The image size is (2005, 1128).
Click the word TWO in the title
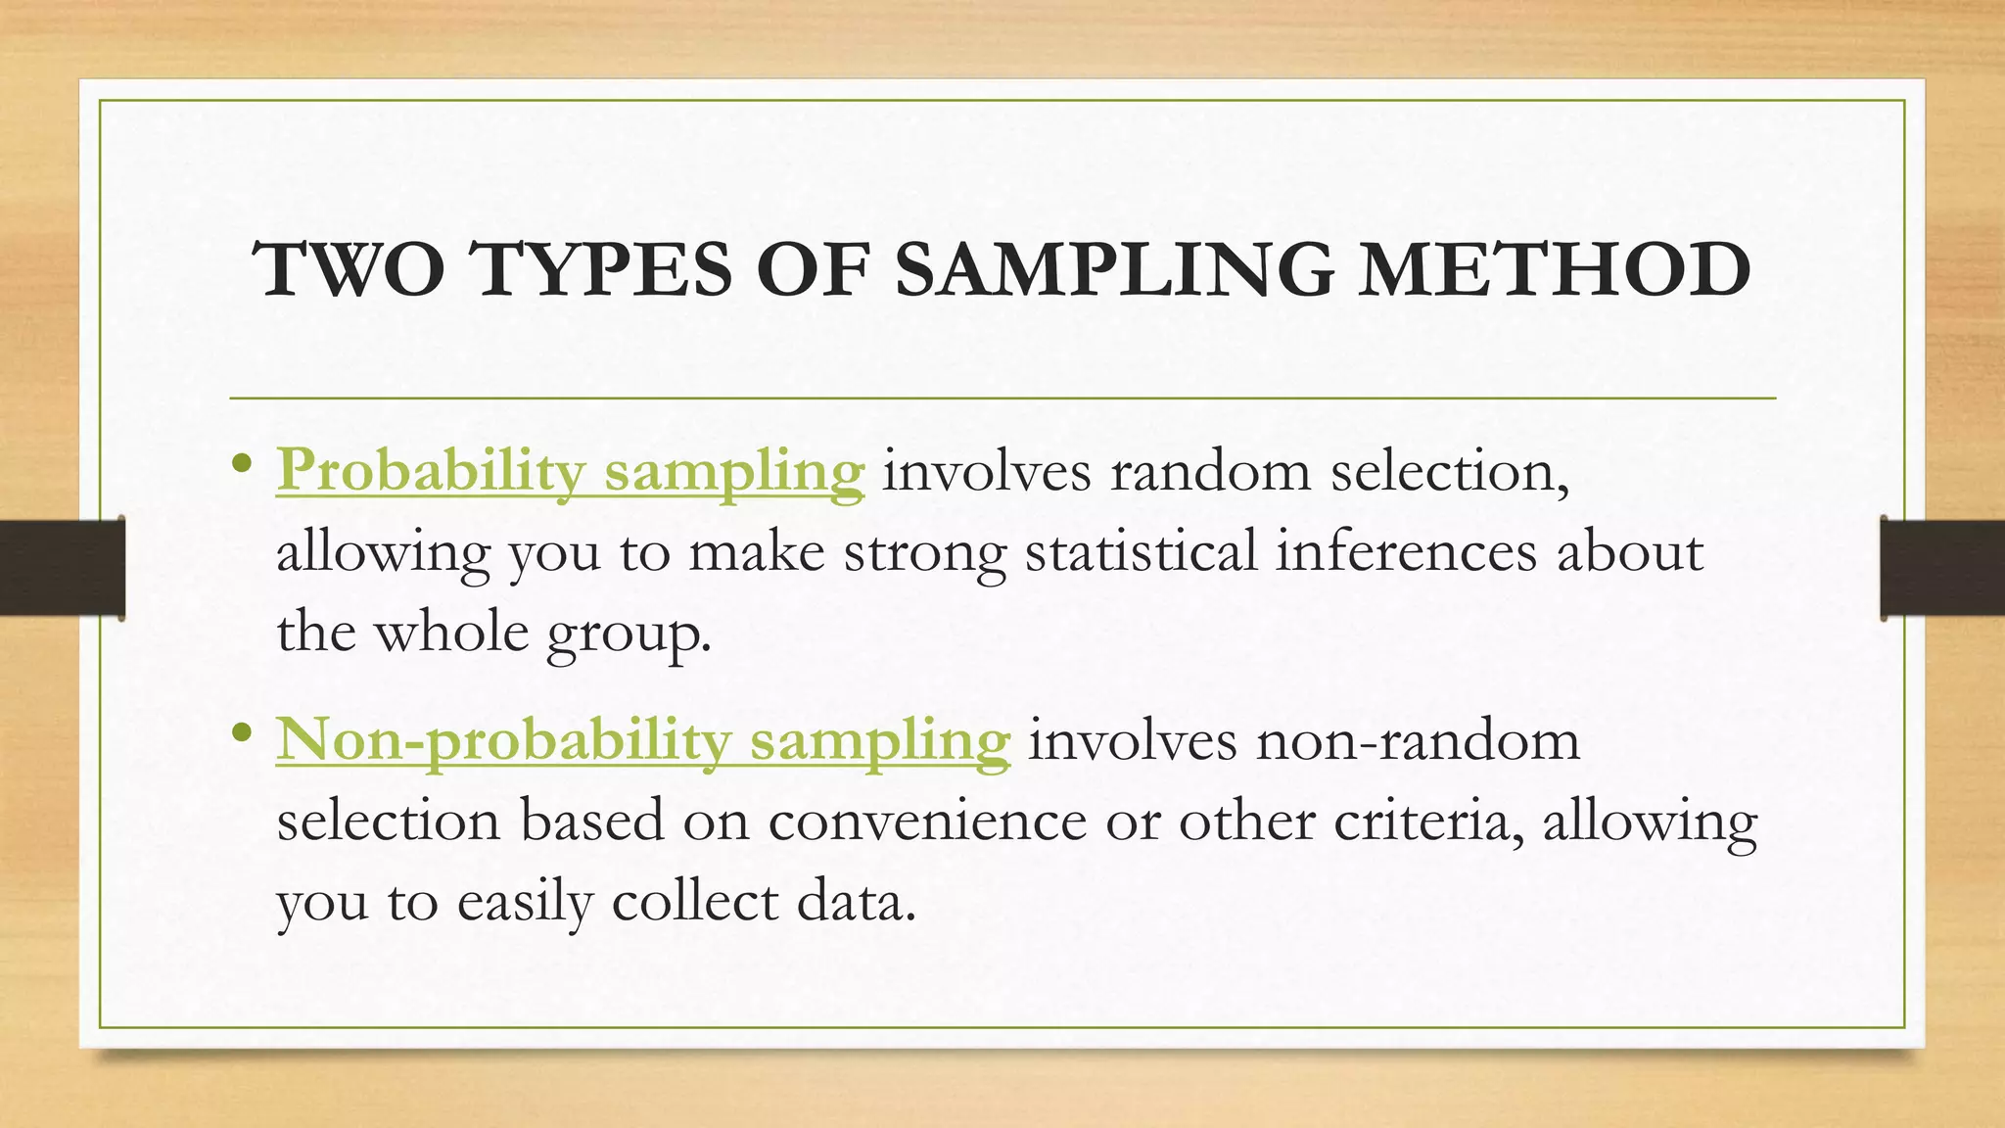click(x=348, y=269)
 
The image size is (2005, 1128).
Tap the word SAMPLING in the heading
click(x=1114, y=269)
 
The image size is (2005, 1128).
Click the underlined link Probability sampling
click(x=571, y=471)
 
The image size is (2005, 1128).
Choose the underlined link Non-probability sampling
click(x=642, y=740)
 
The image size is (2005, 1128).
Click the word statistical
click(x=1141, y=550)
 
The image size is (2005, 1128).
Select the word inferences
click(x=1406, y=550)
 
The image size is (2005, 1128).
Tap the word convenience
click(x=927, y=821)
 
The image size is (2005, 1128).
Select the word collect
click(x=694, y=901)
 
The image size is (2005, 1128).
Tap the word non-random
click(x=1418, y=740)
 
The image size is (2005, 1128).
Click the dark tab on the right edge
click(x=1942, y=568)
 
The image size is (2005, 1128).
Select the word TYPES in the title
click(x=601, y=269)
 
